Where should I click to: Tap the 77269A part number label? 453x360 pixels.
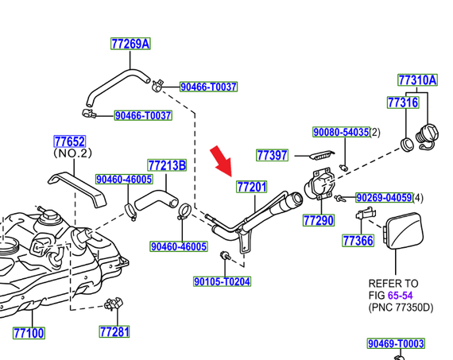(x=130, y=45)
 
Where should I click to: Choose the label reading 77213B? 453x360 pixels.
(x=166, y=165)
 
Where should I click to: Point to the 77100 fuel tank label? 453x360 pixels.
(x=29, y=332)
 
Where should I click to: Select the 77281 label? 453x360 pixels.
(x=114, y=331)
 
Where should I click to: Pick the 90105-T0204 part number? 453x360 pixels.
(x=222, y=281)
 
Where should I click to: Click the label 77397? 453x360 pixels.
(x=272, y=155)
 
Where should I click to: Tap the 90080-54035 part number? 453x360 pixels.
(x=340, y=132)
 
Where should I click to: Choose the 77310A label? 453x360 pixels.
(x=416, y=80)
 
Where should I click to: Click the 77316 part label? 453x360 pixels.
(x=402, y=103)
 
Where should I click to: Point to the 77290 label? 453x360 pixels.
(x=319, y=219)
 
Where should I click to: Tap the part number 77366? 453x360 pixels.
(x=358, y=240)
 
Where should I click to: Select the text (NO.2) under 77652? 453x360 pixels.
(x=73, y=153)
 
